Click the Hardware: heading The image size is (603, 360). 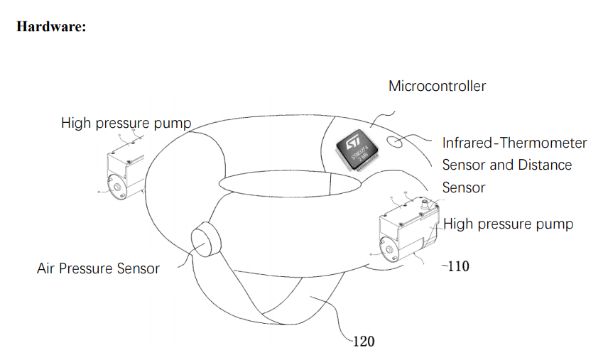tap(50, 28)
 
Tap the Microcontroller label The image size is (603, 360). tap(437, 87)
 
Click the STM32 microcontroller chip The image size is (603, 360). tap(357, 148)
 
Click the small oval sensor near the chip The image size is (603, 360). tap(394, 141)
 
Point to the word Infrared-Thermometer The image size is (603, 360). tap(514, 143)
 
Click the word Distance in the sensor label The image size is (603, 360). tap(541, 165)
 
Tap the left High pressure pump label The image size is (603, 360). tap(126, 124)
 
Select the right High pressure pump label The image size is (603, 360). tap(508, 224)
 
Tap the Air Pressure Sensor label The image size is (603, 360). tap(98, 268)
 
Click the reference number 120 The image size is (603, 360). tap(362, 342)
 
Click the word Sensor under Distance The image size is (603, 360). tap(463, 187)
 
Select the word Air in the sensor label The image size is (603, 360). tap(47, 268)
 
